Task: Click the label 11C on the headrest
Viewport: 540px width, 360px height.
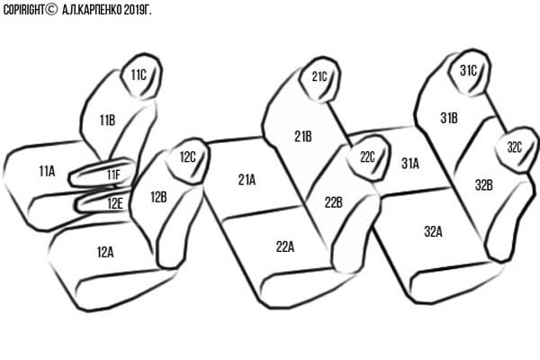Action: coord(139,75)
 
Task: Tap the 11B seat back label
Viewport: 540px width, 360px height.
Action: coord(107,121)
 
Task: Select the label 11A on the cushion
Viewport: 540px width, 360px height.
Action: coord(47,171)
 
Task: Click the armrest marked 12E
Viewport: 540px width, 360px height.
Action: coord(103,201)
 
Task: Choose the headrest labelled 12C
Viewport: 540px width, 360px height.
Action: coord(188,161)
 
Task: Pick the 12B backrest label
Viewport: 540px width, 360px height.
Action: coord(158,197)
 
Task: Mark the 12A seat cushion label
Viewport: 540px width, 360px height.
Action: coord(105,252)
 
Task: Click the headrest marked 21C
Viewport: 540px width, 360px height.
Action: coord(319,79)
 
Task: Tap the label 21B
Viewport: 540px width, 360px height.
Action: coord(303,137)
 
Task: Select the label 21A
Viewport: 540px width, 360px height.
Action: coord(247,179)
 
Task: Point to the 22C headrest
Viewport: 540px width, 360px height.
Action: coord(368,157)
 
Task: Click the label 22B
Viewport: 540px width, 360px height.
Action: coord(333,202)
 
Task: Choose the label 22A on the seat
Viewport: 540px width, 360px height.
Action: coord(285,247)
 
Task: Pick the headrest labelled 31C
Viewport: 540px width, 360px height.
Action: coord(469,72)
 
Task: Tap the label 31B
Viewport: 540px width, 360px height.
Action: coord(449,118)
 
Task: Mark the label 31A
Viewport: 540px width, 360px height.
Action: coord(410,164)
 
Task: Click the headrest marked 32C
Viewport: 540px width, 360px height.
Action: coord(516,149)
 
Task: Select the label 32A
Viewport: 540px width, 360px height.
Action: coord(433,231)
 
